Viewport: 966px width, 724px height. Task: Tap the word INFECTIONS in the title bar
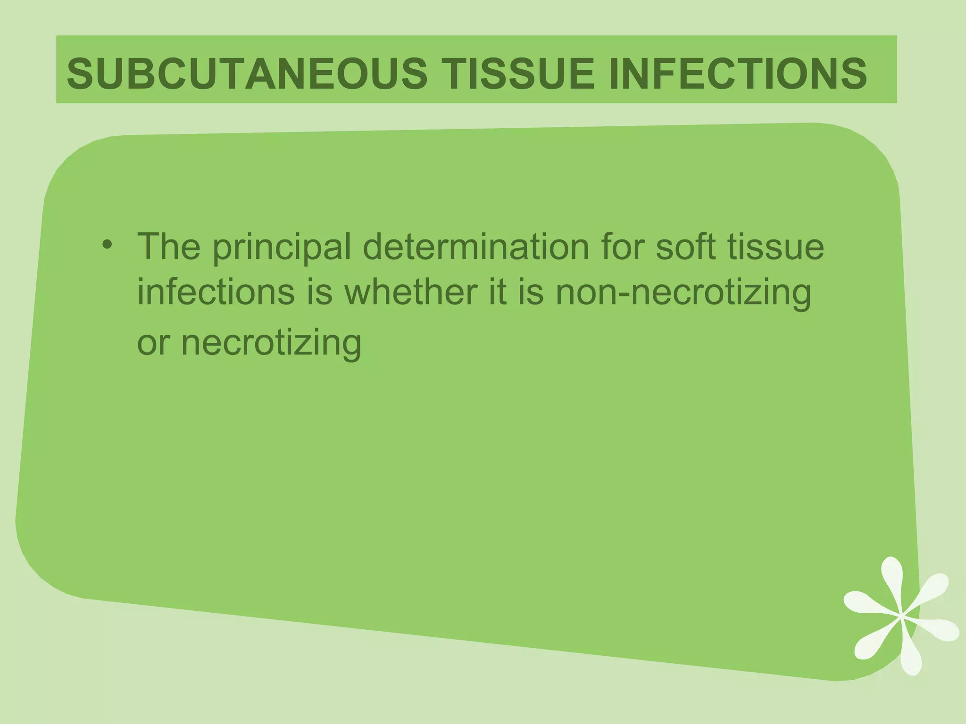click(737, 74)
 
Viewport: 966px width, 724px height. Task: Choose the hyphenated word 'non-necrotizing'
click(683, 292)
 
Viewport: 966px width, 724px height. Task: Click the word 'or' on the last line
click(152, 342)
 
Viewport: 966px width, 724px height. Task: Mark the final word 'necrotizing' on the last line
click(271, 343)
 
